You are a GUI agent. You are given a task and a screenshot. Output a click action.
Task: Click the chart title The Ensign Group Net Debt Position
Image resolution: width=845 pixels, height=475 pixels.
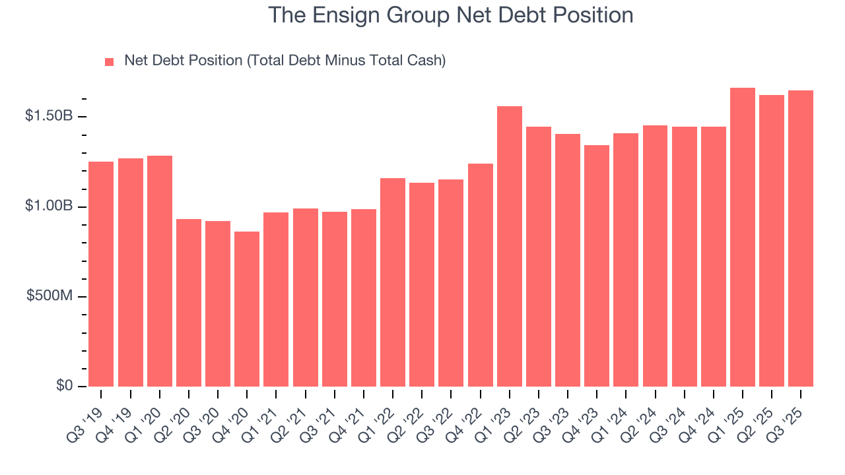pyautogui.click(x=451, y=15)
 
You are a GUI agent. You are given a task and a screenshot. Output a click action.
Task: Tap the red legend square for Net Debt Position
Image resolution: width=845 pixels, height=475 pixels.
pyautogui.click(x=110, y=61)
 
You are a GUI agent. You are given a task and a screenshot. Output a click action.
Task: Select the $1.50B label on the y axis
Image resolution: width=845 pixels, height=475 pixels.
pyautogui.click(x=49, y=116)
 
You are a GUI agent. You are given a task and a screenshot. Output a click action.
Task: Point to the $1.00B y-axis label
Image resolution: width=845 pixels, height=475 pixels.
pyautogui.click(x=49, y=206)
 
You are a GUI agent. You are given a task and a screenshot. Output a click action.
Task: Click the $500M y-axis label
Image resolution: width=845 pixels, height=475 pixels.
pyautogui.click(x=50, y=296)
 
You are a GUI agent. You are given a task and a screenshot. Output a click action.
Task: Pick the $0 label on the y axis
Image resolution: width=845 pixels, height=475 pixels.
pyautogui.click(x=65, y=385)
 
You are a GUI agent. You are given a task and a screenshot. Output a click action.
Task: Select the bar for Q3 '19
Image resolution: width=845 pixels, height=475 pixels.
pyautogui.click(x=101, y=274)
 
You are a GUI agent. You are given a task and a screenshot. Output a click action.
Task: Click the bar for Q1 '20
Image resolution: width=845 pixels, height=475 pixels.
pyautogui.click(x=160, y=270)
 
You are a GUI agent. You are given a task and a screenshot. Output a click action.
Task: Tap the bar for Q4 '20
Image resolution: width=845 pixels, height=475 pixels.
pyautogui.click(x=247, y=309)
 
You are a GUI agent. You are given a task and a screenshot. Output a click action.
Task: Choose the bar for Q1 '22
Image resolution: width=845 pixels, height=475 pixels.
pyautogui.click(x=393, y=282)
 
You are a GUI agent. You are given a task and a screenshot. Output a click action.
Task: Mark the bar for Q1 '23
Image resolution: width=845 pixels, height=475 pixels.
pyautogui.click(x=510, y=246)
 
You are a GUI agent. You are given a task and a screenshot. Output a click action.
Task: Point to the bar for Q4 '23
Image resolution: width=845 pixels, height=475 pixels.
pyautogui.click(x=597, y=265)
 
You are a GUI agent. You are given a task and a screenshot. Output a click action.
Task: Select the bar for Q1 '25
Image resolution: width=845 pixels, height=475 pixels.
pyautogui.click(x=743, y=237)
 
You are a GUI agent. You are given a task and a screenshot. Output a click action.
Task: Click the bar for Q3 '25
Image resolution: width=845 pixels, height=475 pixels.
pyautogui.click(x=801, y=238)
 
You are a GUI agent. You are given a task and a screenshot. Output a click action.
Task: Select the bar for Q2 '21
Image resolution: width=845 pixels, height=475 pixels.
pyautogui.click(x=306, y=297)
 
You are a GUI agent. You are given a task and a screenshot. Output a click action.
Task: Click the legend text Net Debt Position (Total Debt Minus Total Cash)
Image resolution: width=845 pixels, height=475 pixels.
pyautogui.click(x=285, y=61)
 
